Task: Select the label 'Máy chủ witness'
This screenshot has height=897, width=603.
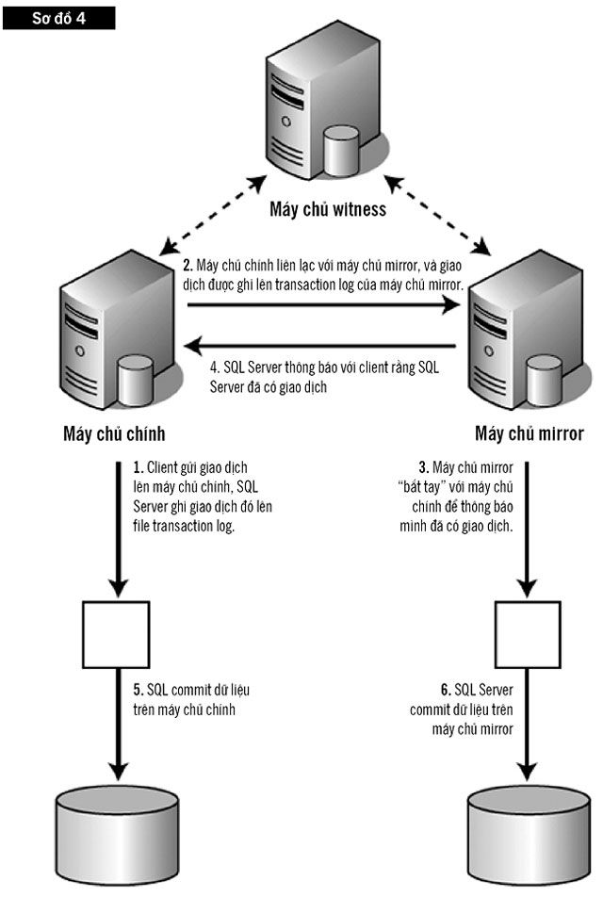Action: (327, 209)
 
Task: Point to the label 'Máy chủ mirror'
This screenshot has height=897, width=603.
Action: (530, 436)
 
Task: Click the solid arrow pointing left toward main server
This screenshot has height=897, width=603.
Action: (320, 345)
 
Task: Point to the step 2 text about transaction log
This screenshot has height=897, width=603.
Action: (325, 272)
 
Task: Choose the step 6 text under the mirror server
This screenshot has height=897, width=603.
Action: (461, 709)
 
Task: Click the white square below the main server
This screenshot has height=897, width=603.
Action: (118, 631)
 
